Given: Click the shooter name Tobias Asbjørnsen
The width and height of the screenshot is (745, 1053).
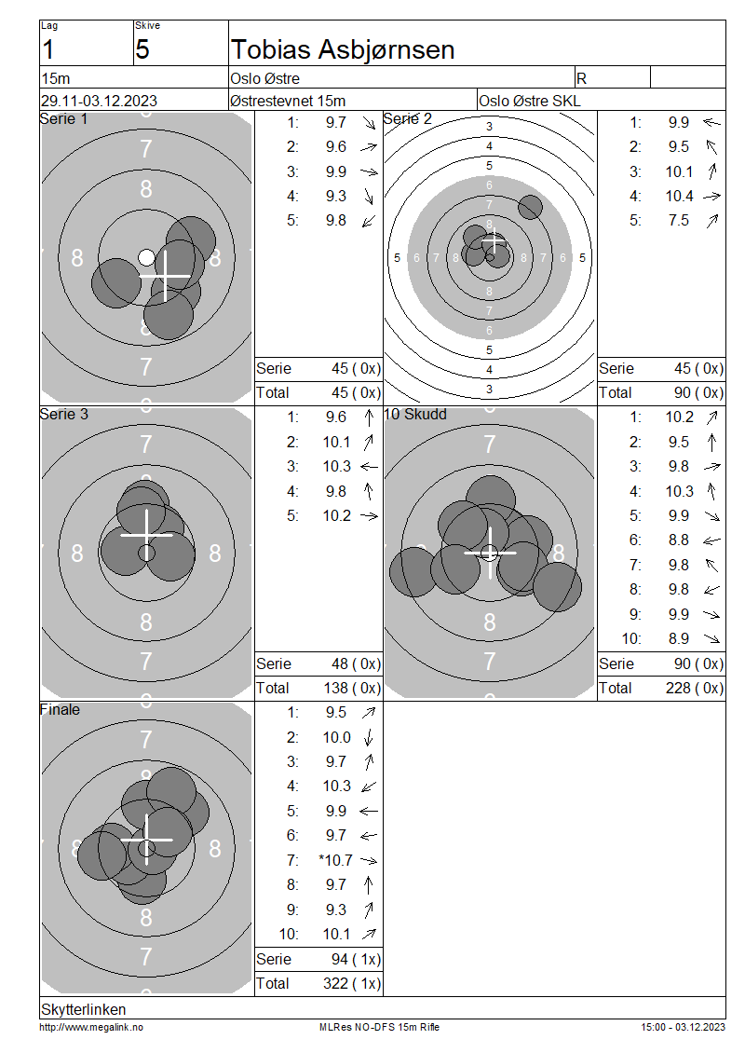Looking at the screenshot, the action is tap(343, 49).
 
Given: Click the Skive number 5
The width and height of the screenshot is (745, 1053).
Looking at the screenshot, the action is tap(142, 49).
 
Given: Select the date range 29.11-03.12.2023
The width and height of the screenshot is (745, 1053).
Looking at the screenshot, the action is tap(100, 101).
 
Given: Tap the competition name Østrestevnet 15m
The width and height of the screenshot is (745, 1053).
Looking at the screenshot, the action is tap(287, 101).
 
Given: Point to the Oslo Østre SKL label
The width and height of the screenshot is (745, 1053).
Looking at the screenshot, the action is tap(530, 101).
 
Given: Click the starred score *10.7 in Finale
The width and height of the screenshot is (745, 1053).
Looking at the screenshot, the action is tap(335, 860).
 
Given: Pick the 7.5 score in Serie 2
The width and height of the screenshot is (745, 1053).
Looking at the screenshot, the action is tap(679, 220).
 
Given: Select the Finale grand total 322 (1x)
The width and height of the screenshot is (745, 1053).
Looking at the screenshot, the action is tap(352, 984).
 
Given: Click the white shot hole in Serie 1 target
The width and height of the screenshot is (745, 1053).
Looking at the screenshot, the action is tap(146, 257).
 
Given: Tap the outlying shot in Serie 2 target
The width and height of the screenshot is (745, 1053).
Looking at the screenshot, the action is tap(530, 207).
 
